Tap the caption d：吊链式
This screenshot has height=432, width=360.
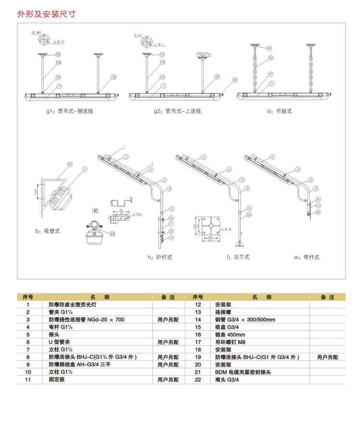280,111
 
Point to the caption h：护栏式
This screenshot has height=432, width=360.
160,257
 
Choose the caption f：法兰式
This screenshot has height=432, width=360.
239,257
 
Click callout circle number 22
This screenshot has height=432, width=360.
235,80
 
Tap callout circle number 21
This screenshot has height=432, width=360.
217,76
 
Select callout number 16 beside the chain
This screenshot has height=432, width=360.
271,58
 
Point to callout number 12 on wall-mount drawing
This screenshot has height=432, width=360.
70,165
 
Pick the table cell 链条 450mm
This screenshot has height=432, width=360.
230,335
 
